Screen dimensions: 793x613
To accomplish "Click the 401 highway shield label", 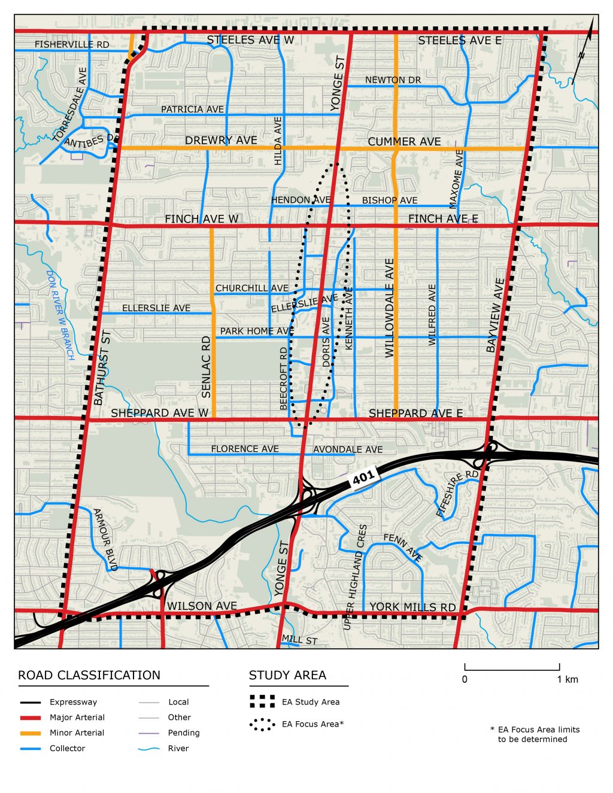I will pyautogui.click(x=363, y=477).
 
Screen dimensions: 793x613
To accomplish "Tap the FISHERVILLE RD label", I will pyautogui.click(x=72, y=44).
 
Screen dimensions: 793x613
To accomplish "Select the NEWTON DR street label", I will pyautogui.click(x=393, y=80).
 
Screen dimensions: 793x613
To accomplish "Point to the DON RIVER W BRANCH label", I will pyautogui.click(x=60, y=315).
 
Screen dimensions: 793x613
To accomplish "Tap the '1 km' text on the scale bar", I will pyautogui.click(x=568, y=679).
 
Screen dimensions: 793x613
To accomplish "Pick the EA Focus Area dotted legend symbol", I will pyautogui.click(x=262, y=725).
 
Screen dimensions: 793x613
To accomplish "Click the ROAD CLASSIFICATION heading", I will pyautogui.click(x=89, y=675).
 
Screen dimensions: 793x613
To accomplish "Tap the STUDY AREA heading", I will pyautogui.click(x=287, y=675).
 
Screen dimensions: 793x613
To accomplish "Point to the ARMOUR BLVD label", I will pyautogui.click(x=105, y=539).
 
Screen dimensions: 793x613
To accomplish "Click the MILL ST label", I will pyautogui.click(x=299, y=640).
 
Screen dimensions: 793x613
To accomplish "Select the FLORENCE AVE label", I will pyautogui.click(x=244, y=449).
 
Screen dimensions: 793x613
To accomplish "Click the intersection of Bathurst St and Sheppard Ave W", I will pyautogui.click(x=87, y=418).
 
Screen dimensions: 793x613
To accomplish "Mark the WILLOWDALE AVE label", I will pyautogui.click(x=389, y=308).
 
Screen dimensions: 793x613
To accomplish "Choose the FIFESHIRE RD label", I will pyautogui.click(x=457, y=494).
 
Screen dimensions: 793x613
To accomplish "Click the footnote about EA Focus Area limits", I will pyautogui.click(x=535, y=734).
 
